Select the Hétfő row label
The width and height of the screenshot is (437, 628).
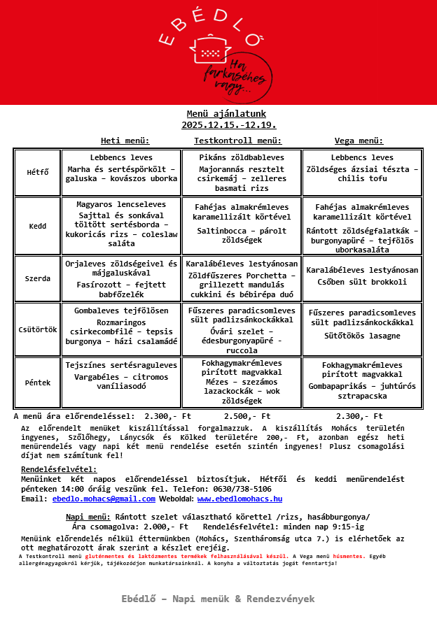(38, 172)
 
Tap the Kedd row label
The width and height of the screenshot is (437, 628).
(38, 226)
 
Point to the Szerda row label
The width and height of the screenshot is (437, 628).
(38, 278)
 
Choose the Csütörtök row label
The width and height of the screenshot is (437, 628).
(38, 329)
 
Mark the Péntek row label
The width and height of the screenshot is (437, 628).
(38, 383)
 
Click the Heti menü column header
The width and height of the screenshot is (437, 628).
(125, 141)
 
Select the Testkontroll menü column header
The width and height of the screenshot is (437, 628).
(237, 141)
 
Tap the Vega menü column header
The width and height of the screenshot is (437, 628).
(359, 141)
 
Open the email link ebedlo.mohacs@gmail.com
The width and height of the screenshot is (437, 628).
(104, 499)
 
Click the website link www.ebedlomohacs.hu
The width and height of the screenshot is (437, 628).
(240, 499)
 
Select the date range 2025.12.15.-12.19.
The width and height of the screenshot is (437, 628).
(228, 125)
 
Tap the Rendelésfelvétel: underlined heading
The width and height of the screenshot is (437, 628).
(59, 469)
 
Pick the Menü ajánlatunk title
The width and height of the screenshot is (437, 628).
(226, 114)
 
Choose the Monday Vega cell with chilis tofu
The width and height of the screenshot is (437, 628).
(362, 172)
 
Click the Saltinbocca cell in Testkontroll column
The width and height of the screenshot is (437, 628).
(242, 225)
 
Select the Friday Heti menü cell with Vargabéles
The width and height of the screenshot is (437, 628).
(121, 383)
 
